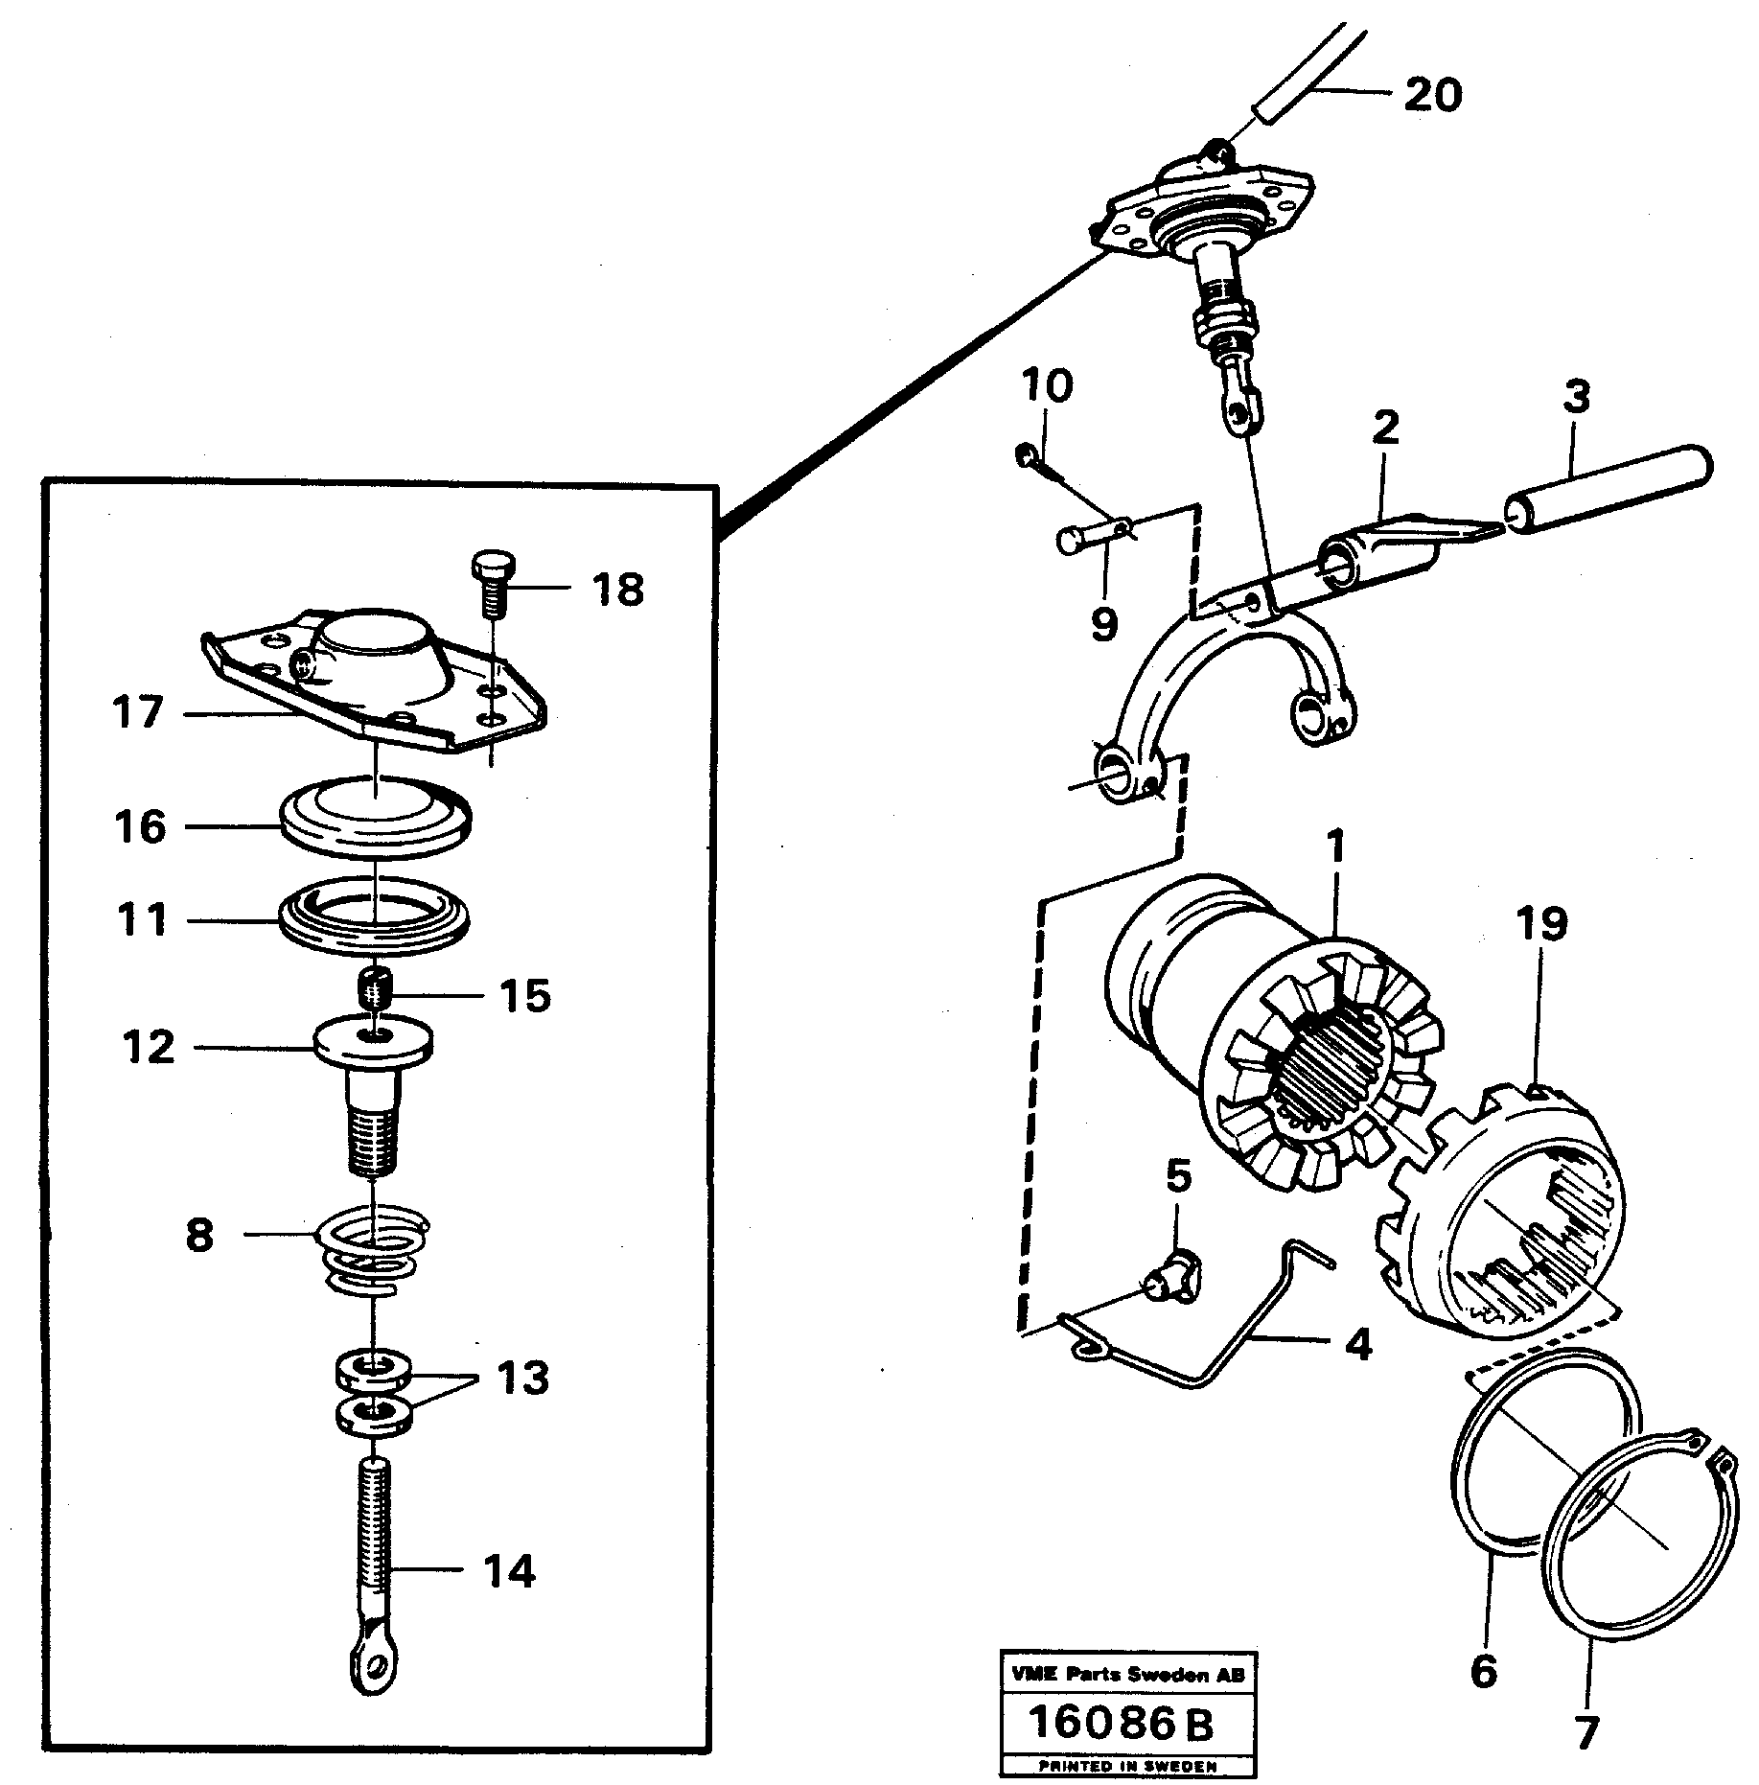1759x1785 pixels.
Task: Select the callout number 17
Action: [x=138, y=712]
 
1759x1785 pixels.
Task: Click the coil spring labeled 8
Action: [x=374, y=1254]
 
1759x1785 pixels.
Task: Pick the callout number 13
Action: [x=523, y=1379]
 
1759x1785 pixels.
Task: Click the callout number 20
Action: [x=1433, y=95]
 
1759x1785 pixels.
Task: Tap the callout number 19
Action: [x=1541, y=925]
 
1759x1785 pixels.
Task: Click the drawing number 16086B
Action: [x=1121, y=1723]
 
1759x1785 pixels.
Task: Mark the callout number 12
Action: [x=150, y=1047]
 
